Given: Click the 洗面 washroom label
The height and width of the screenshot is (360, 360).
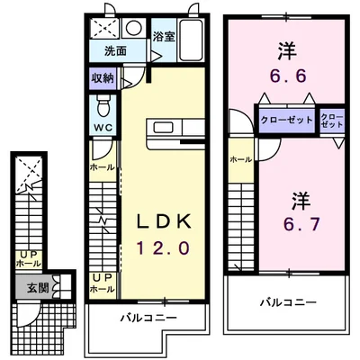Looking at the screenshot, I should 115,51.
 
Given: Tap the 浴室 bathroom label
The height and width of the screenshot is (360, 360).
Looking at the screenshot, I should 163,37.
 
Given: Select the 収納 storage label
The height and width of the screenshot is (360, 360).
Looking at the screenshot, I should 101,78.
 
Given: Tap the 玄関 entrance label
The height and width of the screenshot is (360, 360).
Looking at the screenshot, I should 33,288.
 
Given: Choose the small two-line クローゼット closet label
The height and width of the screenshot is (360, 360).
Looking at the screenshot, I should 331,121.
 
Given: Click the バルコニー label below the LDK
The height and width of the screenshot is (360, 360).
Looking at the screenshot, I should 146,318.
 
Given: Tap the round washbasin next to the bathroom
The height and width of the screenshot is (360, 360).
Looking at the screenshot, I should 133,28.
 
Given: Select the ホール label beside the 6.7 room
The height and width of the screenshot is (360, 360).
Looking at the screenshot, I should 240,159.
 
